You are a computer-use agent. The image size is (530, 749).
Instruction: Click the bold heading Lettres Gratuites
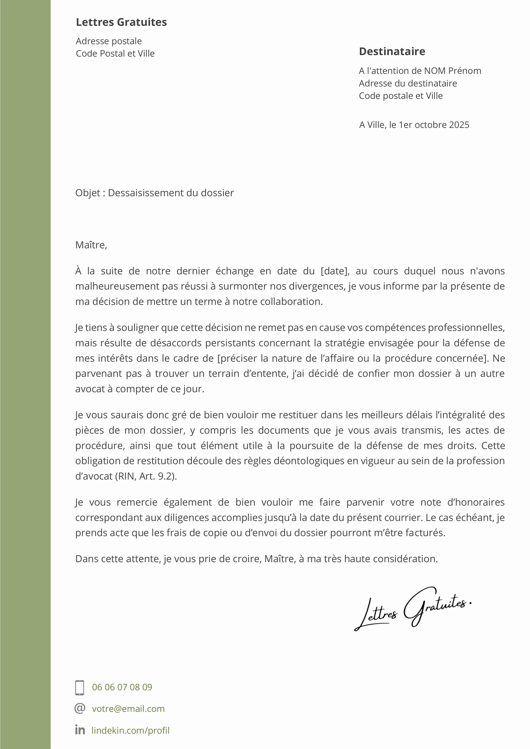click(121, 22)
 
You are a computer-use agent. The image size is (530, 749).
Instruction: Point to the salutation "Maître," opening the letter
click(91, 245)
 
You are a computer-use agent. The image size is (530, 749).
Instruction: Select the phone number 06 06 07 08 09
click(122, 687)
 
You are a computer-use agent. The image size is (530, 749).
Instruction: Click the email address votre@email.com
click(128, 709)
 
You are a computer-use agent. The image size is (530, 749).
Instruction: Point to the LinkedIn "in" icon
click(80, 730)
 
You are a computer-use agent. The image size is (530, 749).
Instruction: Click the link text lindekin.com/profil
click(131, 730)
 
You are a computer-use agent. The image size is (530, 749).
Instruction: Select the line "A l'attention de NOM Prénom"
click(420, 71)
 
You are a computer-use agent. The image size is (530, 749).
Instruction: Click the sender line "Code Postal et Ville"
click(115, 54)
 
